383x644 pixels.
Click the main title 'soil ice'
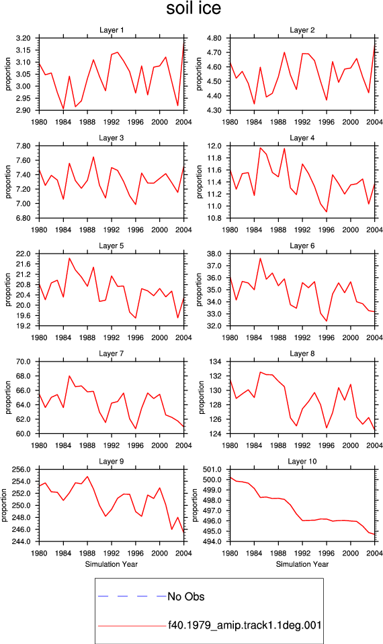point(194,8)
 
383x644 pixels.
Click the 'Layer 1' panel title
point(112,30)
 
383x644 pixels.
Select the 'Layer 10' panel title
point(302,462)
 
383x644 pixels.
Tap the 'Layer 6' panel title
point(302,246)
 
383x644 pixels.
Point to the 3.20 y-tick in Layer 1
point(24,38)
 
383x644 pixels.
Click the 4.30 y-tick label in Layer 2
point(214,111)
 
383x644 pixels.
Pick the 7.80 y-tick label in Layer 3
point(24,146)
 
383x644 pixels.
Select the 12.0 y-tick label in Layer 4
point(215,146)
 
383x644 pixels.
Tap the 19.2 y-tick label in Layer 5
point(24,326)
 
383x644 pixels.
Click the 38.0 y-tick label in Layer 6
point(215,254)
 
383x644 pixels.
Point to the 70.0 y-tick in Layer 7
point(24,362)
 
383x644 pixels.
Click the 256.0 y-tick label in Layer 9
point(22,470)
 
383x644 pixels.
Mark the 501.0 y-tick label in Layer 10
point(213,470)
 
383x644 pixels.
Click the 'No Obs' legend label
point(186,596)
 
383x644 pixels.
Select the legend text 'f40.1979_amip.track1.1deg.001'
point(245,625)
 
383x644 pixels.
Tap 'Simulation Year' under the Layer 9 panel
point(112,564)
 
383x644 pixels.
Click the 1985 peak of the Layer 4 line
point(261,148)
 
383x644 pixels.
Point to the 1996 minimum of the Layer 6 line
point(327,321)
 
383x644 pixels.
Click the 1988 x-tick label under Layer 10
point(278,553)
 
